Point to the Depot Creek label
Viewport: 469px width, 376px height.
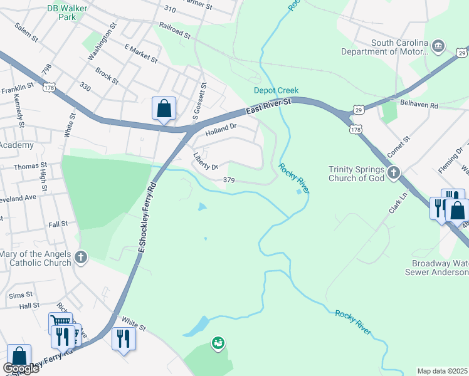pos(276,90)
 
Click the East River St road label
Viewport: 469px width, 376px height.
pos(269,105)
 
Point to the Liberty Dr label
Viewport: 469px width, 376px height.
pos(205,162)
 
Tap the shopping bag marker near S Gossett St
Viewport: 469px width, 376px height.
pos(164,108)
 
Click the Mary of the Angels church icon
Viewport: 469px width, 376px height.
pos(81,258)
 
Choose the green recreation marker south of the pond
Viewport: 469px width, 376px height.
pos(218,343)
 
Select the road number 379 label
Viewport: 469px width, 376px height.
pos(229,180)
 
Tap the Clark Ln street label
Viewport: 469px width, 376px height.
pos(394,203)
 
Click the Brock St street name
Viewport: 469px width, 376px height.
pos(107,78)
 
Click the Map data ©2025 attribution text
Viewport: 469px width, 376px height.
pos(442,370)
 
